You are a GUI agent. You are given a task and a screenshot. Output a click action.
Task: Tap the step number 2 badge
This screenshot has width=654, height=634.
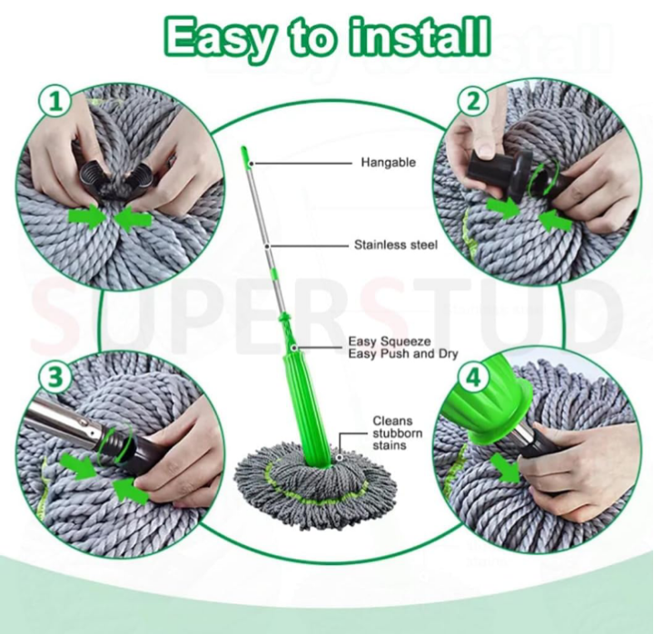(x=473, y=102)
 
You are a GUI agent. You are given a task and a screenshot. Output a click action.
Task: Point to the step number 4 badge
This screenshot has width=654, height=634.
(x=473, y=378)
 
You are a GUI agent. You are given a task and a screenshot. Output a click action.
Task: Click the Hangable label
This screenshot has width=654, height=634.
(x=389, y=163)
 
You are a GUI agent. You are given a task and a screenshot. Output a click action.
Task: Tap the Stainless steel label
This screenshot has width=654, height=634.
(x=396, y=245)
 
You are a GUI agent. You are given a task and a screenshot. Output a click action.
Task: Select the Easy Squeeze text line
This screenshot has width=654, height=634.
(x=390, y=342)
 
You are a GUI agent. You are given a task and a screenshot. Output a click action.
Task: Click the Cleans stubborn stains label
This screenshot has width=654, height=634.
(x=397, y=433)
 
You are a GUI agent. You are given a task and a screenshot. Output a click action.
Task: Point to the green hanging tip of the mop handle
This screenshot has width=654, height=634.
(x=246, y=156)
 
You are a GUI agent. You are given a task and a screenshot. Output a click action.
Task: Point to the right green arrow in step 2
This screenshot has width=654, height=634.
(x=556, y=220)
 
